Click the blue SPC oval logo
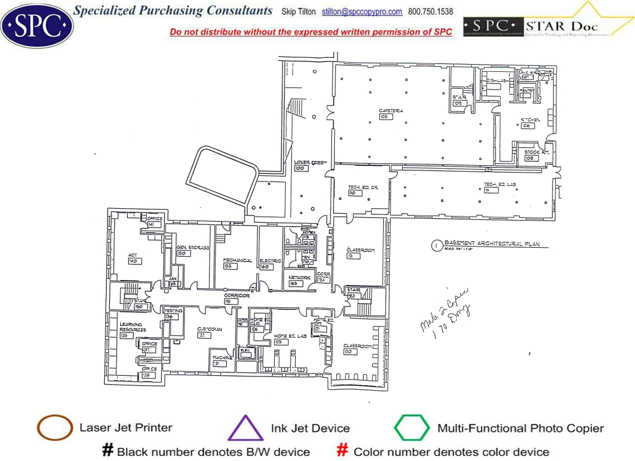37,24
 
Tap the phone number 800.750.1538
431,12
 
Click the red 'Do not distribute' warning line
311,32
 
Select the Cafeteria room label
390,111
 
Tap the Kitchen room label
530,120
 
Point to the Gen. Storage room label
193,247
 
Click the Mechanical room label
238,260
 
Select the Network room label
299,277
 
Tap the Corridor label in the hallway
237,296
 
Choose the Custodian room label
209,329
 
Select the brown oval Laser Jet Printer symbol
55,428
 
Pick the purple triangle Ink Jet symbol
245,429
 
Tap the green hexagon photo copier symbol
412,428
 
